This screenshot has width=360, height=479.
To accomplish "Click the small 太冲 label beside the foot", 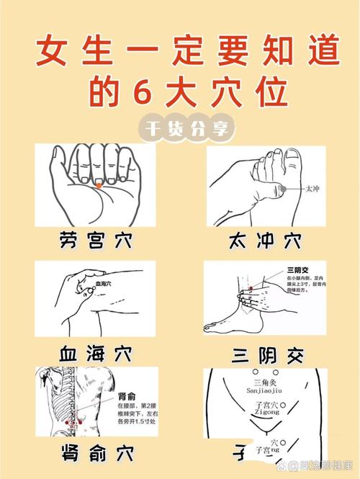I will tap(312, 189).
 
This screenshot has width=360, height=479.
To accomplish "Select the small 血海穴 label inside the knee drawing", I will tap(105, 285).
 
